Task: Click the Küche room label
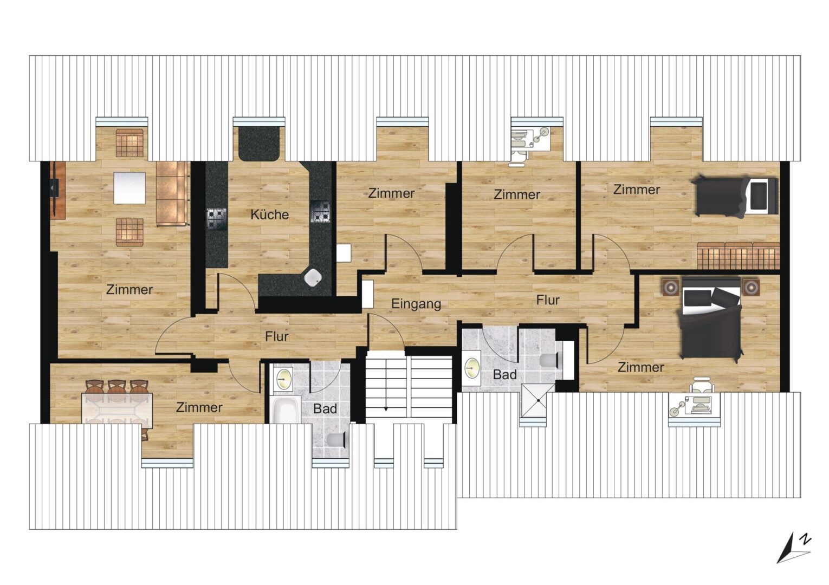tap(269, 214)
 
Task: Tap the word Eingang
tap(416, 304)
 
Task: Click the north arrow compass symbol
tap(794, 553)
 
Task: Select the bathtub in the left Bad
tap(286, 409)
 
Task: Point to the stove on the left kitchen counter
tap(217, 219)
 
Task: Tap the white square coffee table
tap(129, 187)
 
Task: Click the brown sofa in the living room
tap(172, 193)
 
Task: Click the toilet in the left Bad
tap(336, 440)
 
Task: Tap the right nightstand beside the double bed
tap(750, 287)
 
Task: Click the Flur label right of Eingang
tap(548, 300)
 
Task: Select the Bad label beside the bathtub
tap(325, 408)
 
